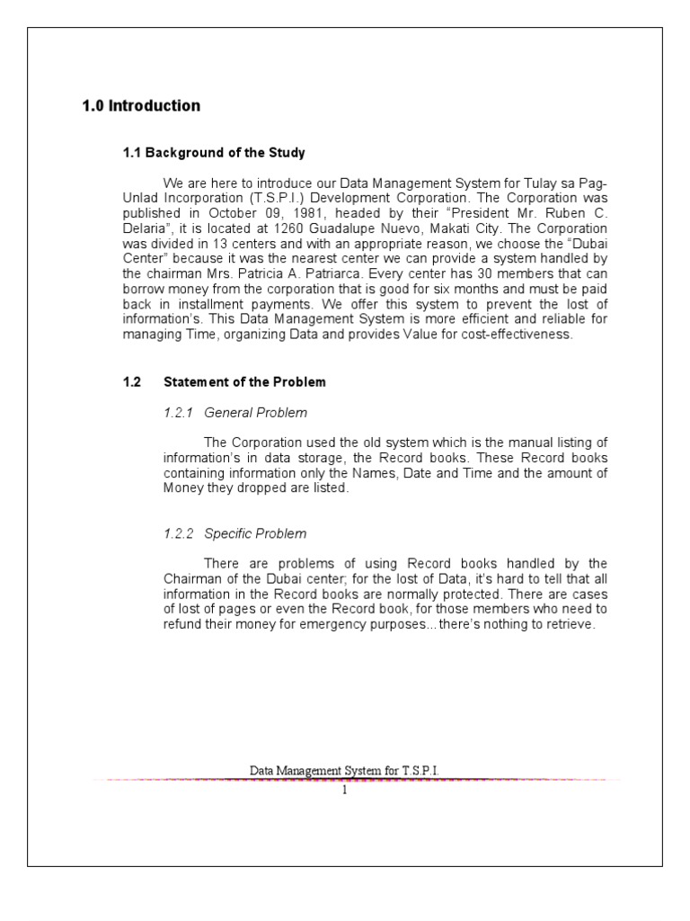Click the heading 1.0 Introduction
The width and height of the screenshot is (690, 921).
coord(141,106)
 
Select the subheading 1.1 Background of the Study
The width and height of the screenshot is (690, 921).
coord(214,153)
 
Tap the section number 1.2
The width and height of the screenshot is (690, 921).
coord(132,382)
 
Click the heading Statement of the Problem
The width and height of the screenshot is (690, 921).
coord(244,382)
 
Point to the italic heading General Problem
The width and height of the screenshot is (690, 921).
coord(256,413)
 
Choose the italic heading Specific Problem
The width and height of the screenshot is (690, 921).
coord(255,534)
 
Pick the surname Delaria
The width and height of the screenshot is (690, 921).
coord(144,228)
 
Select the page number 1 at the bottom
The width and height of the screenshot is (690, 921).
coord(344,791)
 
